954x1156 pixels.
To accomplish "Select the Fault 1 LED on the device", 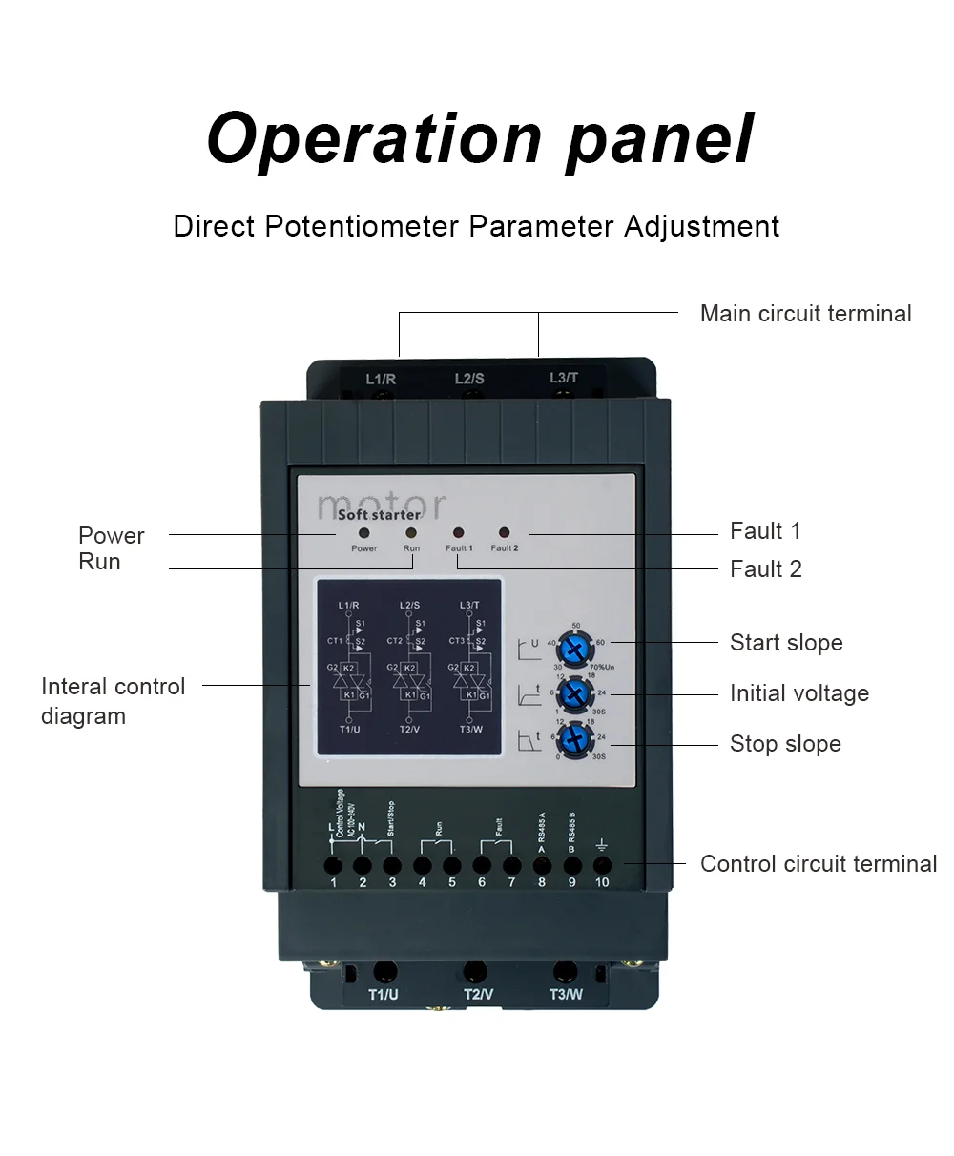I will [458, 533].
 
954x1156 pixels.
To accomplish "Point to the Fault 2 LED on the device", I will [504, 533].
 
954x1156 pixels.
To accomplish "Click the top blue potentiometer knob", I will [573, 650].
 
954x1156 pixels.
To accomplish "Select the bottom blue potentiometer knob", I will [573, 739].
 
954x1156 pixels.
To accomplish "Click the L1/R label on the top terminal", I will [381, 380].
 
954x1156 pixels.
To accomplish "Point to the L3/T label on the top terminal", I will [564, 378].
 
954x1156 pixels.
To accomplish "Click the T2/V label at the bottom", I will [478, 994].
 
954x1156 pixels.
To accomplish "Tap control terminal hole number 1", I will [333, 865].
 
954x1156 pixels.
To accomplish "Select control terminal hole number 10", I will [602, 865].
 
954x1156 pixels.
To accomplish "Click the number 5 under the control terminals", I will [452, 882].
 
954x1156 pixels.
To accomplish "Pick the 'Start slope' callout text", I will [786, 643].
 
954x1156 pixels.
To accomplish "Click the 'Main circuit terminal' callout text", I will [805, 314].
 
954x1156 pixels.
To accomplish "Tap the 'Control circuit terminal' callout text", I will [818, 864].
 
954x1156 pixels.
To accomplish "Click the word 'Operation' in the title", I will [374, 138].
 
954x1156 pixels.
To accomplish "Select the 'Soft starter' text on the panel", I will [378, 515].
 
